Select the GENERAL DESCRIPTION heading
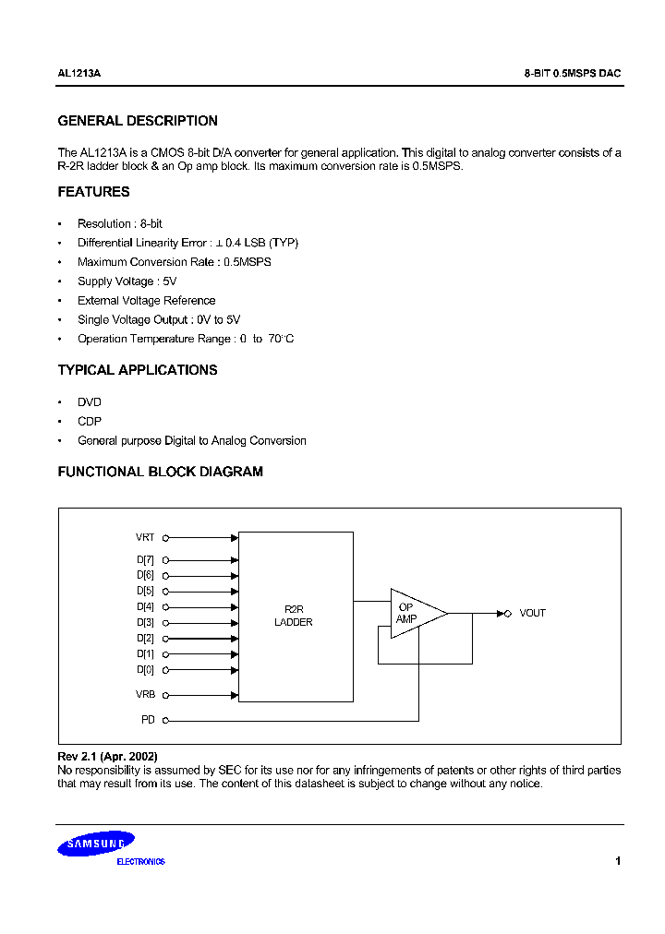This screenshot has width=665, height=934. click(x=138, y=121)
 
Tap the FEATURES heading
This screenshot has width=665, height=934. click(x=93, y=192)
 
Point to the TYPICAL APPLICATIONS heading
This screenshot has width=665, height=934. click(x=138, y=370)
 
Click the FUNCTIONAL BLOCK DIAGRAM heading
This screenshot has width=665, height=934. click(x=160, y=472)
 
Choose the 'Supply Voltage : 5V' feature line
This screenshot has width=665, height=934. click(x=127, y=281)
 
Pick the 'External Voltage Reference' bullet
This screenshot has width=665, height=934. click(x=146, y=301)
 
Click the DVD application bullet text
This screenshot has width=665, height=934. click(x=90, y=402)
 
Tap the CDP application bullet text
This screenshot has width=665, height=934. click(x=90, y=422)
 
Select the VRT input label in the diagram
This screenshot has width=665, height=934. click(x=145, y=537)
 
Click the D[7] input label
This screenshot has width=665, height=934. click(x=145, y=559)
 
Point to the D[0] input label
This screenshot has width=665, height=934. click(x=145, y=670)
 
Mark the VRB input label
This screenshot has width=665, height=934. click(x=145, y=694)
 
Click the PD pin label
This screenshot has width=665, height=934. click(x=148, y=719)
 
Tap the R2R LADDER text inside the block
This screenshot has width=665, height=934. click(x=294, y=616)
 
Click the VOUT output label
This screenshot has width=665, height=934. click(x=532, y=613)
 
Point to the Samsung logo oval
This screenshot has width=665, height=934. click(x=96, y=843)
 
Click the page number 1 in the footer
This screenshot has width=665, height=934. click(x=617, y=861)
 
